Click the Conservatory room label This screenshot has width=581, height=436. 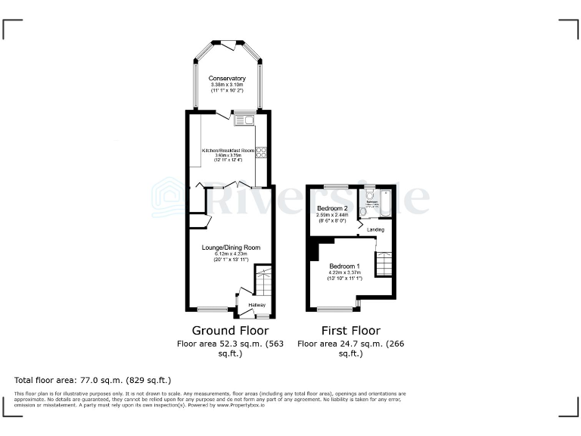click(x=228, y=78)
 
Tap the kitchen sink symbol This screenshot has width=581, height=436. click(x=244, y=120)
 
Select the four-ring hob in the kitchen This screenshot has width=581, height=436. click(x=261, y=152)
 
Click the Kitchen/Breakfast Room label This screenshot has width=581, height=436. click(x=227, y=150)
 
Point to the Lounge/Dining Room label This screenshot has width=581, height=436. click(x=231, y=248)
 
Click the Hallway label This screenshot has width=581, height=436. click(x=257, y=305)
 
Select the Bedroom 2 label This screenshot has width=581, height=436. click(x=332, y=208)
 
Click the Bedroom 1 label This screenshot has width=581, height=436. click(x=344, y=266)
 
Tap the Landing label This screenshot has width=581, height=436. click(x=375, y=229)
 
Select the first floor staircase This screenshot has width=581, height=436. click(x=384, y=265)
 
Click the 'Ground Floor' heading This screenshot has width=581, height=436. click(x=230, y=331)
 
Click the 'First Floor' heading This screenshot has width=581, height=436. click(x=350, y=331)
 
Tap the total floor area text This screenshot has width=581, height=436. click(x=93, y=379)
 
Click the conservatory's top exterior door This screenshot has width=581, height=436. click(x=228, y=42)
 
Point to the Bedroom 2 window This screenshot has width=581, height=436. click(x=336, y=185)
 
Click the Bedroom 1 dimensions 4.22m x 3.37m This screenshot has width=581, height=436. click(x=344, y=273)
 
